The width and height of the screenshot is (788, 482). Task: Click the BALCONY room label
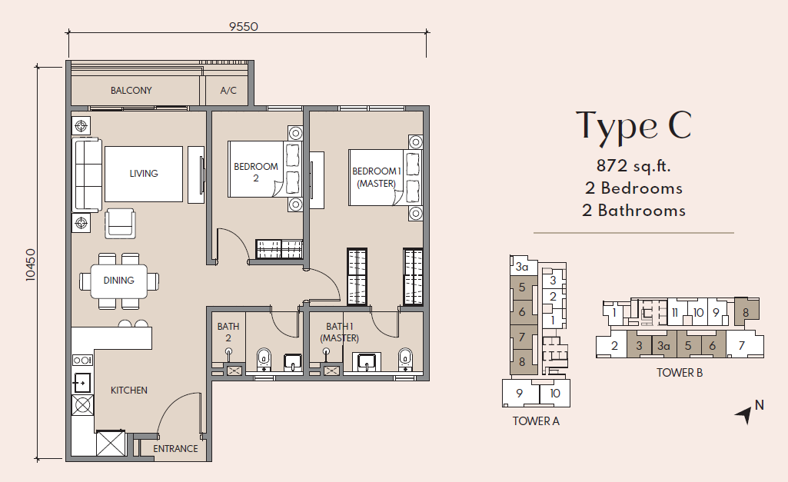(131, 91)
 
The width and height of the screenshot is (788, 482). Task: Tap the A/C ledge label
(228, 91)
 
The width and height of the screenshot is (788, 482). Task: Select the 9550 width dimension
(244, 27)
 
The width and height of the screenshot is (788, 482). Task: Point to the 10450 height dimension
(32, 265)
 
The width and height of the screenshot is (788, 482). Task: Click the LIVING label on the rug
(144, 174)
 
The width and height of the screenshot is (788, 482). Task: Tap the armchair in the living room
(120, 224)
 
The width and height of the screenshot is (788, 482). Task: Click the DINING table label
(119, 281)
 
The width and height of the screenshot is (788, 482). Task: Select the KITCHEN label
(129, 390)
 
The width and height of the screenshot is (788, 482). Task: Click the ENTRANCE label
(175, 448)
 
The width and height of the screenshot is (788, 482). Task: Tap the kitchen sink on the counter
(81, 383)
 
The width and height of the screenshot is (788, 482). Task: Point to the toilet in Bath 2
(264, 360)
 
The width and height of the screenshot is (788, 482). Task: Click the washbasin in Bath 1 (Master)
(367, 362)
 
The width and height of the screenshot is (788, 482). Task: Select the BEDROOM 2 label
(256, 172)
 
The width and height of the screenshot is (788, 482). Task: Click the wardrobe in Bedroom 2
(279, 249)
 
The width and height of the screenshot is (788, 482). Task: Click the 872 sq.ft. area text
(633, 165)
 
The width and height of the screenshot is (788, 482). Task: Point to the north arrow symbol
(745, 414)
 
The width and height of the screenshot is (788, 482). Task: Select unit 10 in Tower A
(555, 393)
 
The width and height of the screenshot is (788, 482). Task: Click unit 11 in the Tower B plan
(674, 313)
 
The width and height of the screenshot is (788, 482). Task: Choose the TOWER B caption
(680, 373)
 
